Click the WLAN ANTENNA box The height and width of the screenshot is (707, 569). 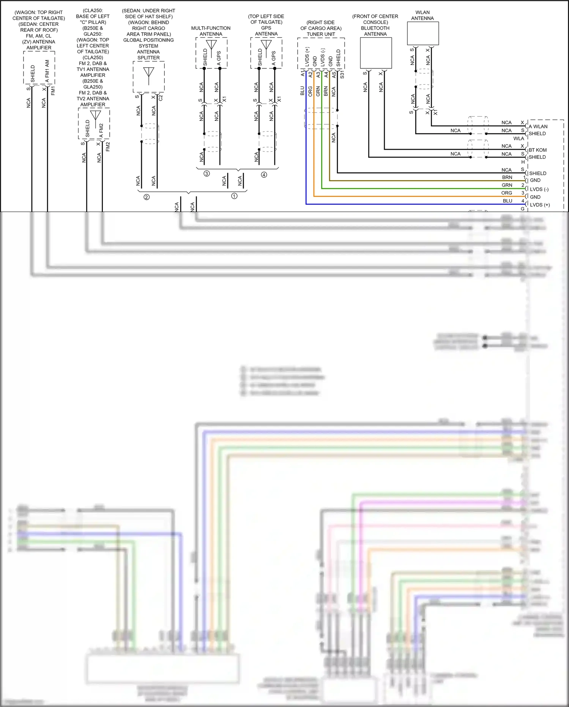click(x=423, y=33)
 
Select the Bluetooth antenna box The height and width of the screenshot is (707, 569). click(x=376, y=53)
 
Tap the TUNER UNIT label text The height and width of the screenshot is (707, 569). click(x=321, y=34)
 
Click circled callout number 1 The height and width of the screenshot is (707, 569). click(x=234, y=196)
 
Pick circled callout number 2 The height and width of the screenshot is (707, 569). click(x=147, y=197)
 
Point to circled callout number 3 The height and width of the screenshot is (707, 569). click(x=206, y=174)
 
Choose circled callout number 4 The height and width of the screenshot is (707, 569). click(x=264, y=175)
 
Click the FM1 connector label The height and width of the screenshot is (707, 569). click(x=53, y=91)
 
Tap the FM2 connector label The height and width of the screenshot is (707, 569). click(x=108, y=147)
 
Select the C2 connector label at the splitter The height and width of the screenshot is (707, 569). click(x=161, y=98)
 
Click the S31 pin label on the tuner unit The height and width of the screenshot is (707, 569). click(x=342, y=74)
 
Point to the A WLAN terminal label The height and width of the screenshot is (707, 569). click(x=538, y=127)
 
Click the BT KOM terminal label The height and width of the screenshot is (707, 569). click(x=537, y=150)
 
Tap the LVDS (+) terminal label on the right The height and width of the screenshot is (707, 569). click(x=539, y=205)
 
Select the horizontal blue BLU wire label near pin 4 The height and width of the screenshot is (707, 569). click(x=508, y=201)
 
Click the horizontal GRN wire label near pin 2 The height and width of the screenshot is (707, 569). click(x=507, y=185)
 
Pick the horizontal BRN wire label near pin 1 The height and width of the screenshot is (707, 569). click(x=507, y=177)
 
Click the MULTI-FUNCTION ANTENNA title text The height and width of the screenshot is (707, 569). click(x=211, y=31)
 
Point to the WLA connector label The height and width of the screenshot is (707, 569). click(x=519, y=139)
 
